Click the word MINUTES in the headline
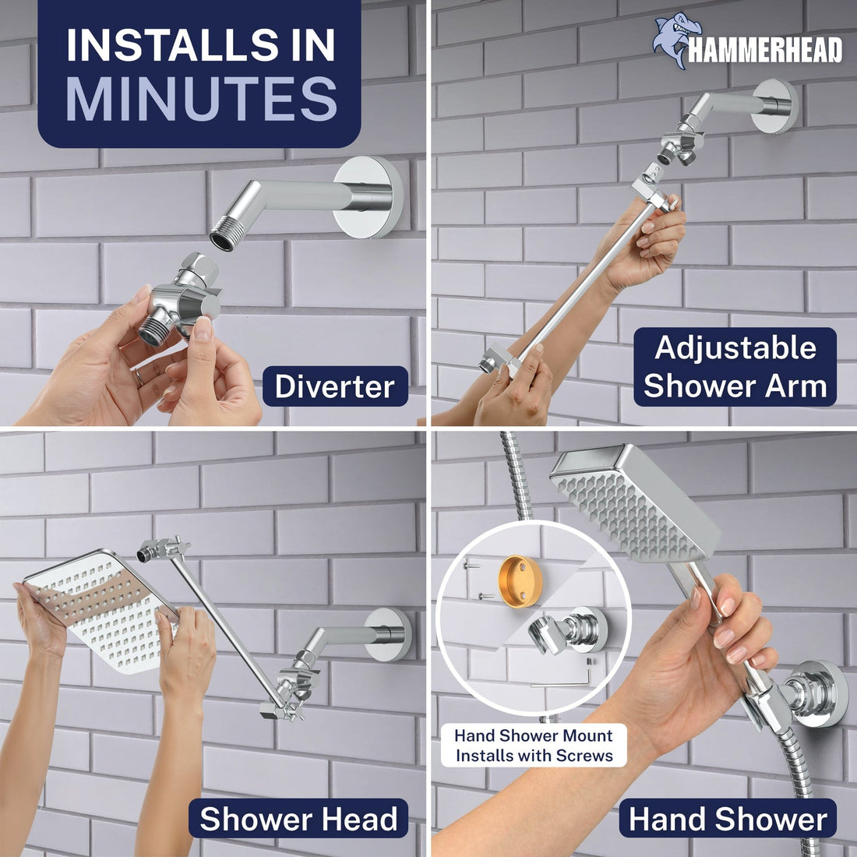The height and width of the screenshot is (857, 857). (x=201, y=100)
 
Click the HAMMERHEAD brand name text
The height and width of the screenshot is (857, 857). (x=765, y=51)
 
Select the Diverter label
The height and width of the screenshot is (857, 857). (x=335, y=386)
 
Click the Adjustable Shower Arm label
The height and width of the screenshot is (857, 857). (x=735, y=367)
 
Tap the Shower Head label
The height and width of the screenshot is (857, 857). (x=298, y=819)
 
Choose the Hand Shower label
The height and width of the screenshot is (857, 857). (x=728, y=819)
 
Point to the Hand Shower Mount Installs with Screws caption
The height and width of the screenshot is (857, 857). (x=534, y=746)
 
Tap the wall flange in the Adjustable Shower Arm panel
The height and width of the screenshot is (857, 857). (x=775, y=106)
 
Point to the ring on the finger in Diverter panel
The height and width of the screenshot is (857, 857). (x=138, y=378)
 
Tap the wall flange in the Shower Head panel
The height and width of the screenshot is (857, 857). (x=388, y=633)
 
